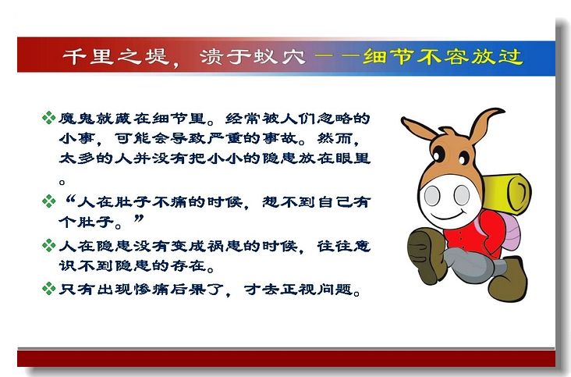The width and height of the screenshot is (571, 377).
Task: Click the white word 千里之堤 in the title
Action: pos(115,56)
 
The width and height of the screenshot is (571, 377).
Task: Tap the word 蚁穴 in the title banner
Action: pos(280,56)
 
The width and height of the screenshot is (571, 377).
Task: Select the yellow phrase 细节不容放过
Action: pos(443,56)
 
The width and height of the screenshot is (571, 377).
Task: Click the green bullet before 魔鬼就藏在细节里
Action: pos(48,118)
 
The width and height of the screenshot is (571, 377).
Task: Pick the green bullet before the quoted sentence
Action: pos(48,201)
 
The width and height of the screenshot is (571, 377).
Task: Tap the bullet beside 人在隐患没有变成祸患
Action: pos(48,245)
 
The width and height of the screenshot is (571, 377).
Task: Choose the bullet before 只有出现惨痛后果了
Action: pos(48,289)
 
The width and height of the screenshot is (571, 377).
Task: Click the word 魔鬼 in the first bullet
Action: pos(76,118)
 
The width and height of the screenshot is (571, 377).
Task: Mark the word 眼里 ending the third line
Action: pos(353,158)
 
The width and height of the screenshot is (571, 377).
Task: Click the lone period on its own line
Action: pos(62,181)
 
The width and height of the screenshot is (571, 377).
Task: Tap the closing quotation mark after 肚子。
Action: pos(139,219)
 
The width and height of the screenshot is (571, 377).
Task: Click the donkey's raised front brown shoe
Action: pos(427,255)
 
